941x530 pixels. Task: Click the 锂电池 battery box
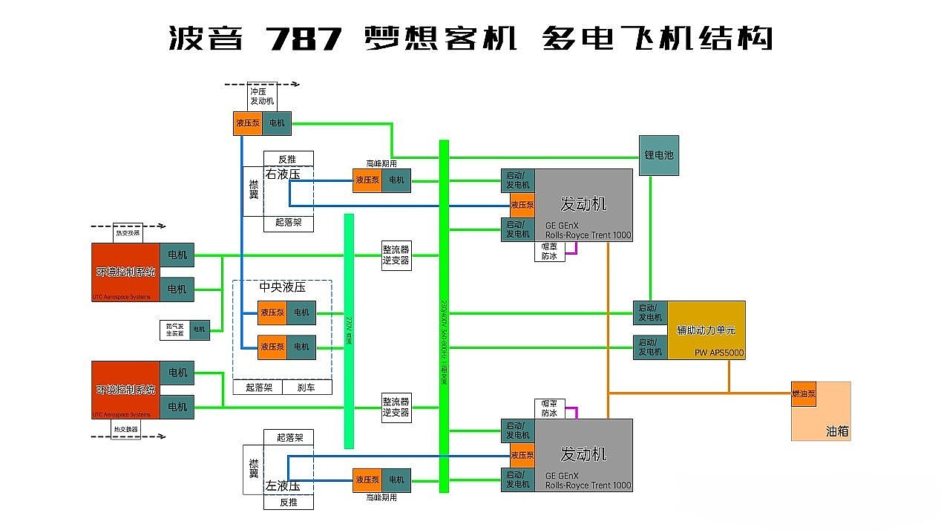[x=658, y=155]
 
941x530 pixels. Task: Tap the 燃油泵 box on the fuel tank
[x=803, y=394]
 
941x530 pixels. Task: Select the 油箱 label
[x=836, y=431]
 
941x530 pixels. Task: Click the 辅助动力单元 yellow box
[x=705, y=330]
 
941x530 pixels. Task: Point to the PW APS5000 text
[x=718, y=353]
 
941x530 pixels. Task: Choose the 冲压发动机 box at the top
[x=262, y=96]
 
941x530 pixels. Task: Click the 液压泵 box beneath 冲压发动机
[x=248, y=123]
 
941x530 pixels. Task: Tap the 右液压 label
[x=283, y=174]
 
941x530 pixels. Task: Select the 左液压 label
[x=283, y=486]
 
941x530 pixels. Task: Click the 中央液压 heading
[x=282, y=287]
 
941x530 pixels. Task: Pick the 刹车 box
[x=306, y=387]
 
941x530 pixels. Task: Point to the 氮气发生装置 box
[x=175, y=330]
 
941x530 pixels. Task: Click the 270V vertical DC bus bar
[x=349, y=330]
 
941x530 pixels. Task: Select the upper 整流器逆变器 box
[x=396, y=255]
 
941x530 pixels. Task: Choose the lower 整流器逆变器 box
[x=396, y=408]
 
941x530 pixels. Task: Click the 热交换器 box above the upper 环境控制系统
[x=127, y=233]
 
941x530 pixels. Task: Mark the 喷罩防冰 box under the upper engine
[x=549, y=252]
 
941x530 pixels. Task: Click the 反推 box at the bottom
[x=288, y=503]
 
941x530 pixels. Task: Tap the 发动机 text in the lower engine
[x=583, y=453]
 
